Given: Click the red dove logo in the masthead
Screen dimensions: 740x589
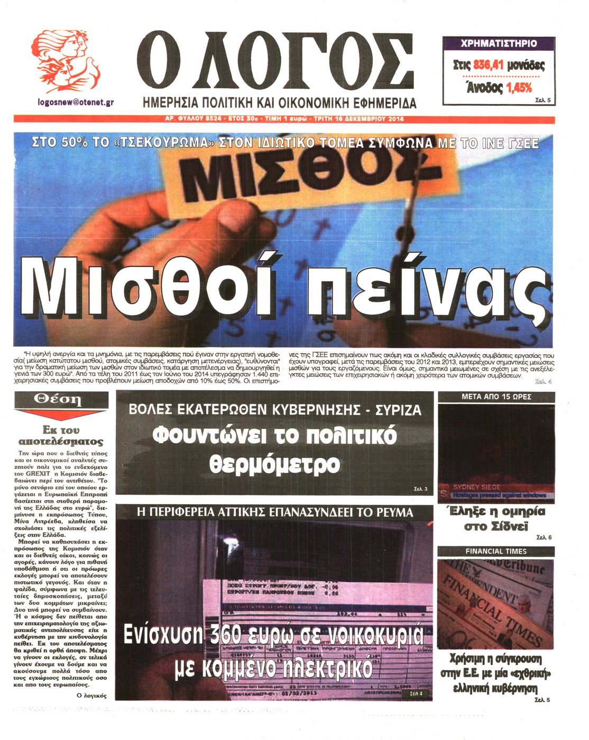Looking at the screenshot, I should point(66,61).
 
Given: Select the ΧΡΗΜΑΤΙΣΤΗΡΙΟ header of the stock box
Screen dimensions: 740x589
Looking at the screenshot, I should point(498,43).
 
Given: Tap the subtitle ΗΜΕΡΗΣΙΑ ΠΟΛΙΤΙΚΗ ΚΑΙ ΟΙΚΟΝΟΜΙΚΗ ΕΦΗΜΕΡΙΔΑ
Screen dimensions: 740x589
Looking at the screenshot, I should point(280,103).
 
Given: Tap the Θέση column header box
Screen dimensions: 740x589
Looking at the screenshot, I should point(61,400).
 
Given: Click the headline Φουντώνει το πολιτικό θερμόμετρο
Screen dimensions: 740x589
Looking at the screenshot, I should point(274,450).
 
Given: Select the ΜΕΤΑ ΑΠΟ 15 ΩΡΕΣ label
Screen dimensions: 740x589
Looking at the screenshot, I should point(496,396).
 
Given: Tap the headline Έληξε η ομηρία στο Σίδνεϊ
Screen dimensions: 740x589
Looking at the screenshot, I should point(496,519).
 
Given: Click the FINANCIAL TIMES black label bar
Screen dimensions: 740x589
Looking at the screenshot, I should point(496,551).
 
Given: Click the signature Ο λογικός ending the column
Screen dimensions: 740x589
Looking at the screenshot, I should point(92,695).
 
